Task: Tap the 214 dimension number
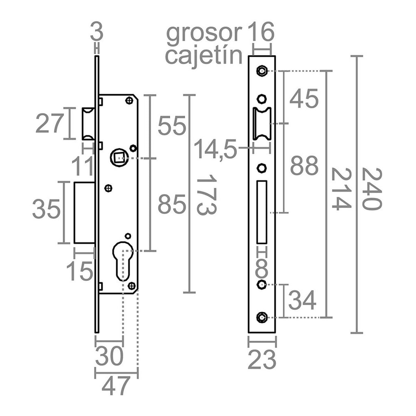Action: [x=341, y=189]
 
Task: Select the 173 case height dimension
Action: [x=207, y=195]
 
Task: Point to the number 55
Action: [x=172, y=125]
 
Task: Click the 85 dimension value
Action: [x=172, y=204]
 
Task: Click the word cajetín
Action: [x=204, y=56]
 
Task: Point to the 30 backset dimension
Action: [x=109, y=356]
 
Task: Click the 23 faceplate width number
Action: [x=262, y=360]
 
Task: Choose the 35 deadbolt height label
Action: [x=46, y=209]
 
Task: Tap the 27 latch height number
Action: [x=50, y=123]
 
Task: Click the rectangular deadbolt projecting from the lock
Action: [x=84, y=212]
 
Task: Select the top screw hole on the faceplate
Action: [x=262, y=71]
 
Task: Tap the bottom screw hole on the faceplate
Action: [x=262, y=317]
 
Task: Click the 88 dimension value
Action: [x=304, y=166]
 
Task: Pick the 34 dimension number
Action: [x=302, y=300]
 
